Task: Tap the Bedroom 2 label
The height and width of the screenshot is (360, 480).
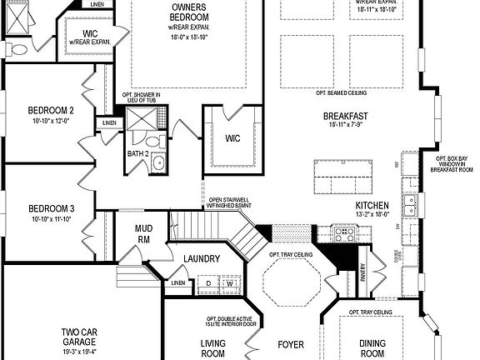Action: point(51,111)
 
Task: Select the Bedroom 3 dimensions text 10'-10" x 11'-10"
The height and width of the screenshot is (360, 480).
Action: point(52,219)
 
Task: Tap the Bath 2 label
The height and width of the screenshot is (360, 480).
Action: point(138,153)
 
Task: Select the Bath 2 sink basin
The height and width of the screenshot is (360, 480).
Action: point(157,163)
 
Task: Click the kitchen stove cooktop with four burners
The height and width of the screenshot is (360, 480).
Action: point(343,233)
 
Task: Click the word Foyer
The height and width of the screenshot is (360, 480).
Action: point(291,342)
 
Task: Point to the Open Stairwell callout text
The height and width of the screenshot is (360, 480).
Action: point(226,202)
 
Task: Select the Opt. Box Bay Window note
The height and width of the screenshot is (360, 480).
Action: point(455,163)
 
